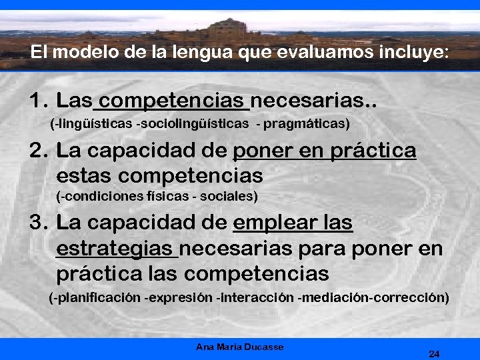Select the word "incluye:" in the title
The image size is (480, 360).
pos(416,53)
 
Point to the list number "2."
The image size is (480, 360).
pos(39,151)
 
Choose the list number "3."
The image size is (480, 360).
pos(39,222)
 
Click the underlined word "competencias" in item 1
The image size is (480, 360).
pos(173,101)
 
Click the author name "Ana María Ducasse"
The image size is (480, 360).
pos(240,347)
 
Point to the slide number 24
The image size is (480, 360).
pos(434,354)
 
